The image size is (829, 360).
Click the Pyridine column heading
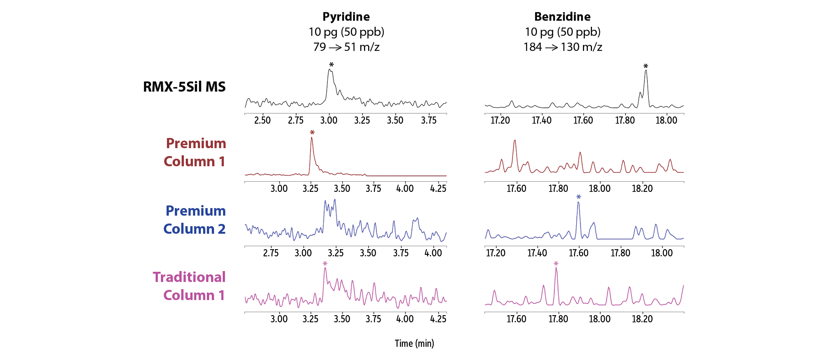point(346,17)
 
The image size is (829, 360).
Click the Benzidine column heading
point(562,17)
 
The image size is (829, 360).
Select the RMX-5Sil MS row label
point(184,87)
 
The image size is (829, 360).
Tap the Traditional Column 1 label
point(190,286)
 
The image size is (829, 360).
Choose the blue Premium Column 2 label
point(195,220)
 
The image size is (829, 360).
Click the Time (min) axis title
point(414,343)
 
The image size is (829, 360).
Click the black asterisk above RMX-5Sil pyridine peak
point(331,65)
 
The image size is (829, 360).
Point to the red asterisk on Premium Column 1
point(312,133)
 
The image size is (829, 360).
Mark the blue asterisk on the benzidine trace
point(578,197)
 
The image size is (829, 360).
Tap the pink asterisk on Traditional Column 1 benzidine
point(556,264)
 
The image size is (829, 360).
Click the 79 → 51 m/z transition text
point(346,47)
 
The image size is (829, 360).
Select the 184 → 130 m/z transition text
point(563,47)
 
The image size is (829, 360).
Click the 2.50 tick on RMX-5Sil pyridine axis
point(262,121)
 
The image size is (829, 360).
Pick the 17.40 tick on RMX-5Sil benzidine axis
point(541,121)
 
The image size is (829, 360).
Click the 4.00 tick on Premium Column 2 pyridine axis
point(433,253)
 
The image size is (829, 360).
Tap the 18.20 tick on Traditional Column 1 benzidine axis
point(642,319)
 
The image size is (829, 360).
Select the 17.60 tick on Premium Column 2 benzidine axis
point(578,253)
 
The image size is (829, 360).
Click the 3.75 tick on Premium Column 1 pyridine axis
point(373,188)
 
